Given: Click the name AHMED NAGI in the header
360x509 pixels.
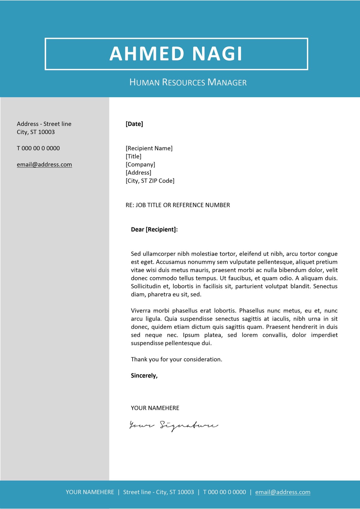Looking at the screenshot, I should coord(176,54).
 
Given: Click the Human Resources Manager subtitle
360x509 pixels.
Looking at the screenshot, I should coord(188,82).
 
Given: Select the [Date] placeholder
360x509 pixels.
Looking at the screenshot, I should coord(134,124).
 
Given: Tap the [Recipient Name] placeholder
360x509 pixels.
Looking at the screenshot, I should coord(149,148).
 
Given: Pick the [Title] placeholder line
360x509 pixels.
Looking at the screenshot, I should coord(133,156).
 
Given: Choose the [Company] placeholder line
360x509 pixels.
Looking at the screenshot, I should coord(140,164).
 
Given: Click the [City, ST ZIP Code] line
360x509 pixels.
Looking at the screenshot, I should coord(150,181).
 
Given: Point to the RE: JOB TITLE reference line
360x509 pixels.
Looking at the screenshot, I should coord(178,205).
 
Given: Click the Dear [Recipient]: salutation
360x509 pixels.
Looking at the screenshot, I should coord(154,229).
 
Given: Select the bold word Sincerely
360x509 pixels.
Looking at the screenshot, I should coord(144,376).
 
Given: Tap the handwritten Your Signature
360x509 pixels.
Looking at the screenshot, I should coord(173,425).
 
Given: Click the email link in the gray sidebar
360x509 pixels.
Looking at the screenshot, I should coord(44,164).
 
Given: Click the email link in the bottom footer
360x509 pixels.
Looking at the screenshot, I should coord(283,492).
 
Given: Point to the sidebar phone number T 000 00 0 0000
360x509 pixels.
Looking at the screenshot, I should coord(38,148).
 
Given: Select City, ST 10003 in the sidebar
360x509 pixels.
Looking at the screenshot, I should coord(36,132).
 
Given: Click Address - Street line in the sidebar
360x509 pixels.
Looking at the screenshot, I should coord(44,124).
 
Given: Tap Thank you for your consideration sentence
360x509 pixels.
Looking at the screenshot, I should coord(176,359).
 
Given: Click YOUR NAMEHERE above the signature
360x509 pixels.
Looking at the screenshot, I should coord(155,408).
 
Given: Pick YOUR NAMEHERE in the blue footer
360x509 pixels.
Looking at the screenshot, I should coord(90,492).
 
